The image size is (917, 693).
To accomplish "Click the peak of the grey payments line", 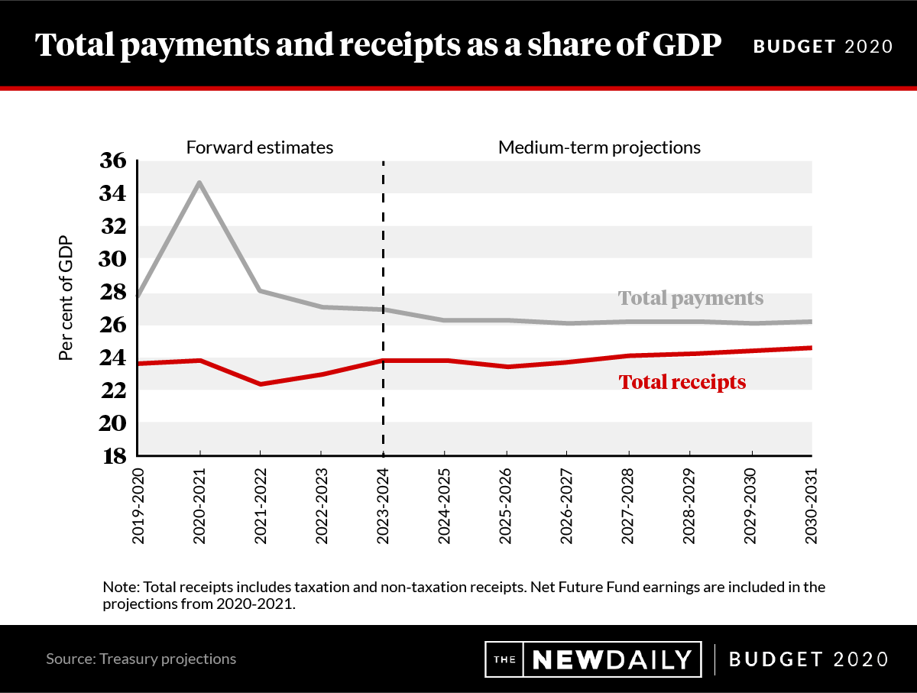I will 199,182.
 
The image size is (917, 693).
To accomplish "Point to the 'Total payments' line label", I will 690,298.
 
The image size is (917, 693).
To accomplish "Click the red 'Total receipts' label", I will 682,381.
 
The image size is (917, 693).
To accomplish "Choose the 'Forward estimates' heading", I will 260,147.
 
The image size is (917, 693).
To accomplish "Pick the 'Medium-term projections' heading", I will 599,147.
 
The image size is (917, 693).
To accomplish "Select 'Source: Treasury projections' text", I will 141,659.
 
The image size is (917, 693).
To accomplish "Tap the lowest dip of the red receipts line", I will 261,384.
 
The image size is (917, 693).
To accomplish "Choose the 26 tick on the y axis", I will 112,325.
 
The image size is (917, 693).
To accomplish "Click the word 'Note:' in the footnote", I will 121,588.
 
